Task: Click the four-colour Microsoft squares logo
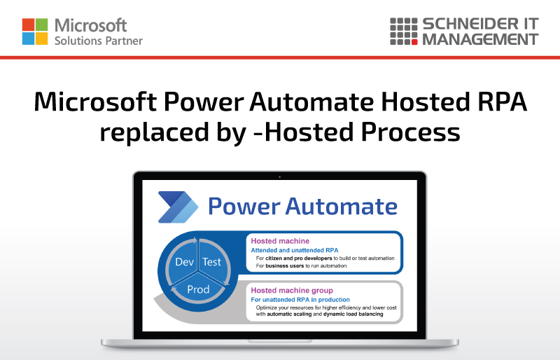pos(34,32)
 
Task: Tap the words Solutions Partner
pos(99,41)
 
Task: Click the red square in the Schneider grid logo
pos(414,42)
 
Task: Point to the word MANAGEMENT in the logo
pos(480,39)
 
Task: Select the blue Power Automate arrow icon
pos(178,207)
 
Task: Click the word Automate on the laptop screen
pos(341,207)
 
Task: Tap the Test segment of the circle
pos(212,262)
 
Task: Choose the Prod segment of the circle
pos(198,289)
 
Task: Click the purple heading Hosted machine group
pos(292,290)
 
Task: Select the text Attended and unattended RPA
pos(294,250)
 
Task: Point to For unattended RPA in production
pos(300,300)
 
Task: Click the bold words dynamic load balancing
pos(353,314)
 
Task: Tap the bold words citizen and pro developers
pos(299,258)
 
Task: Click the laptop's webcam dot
pos(279,177)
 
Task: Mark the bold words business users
pos(284,265)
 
